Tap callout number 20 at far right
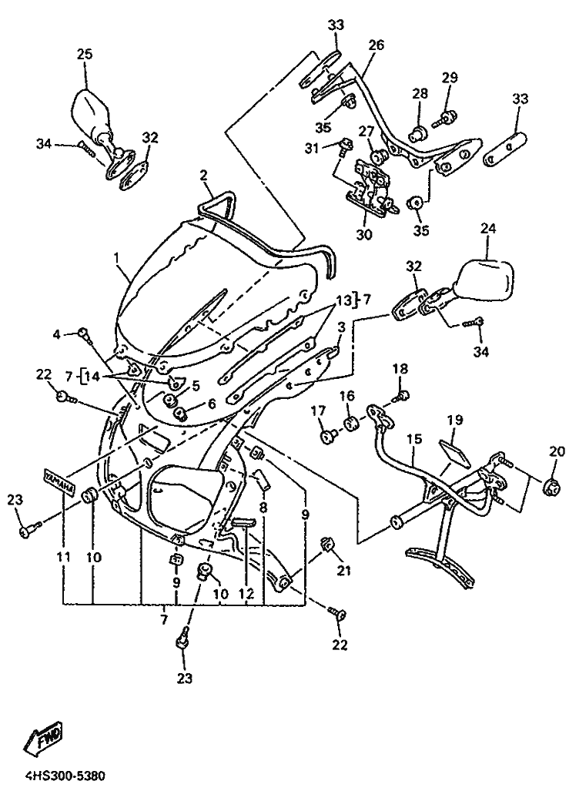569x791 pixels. coord(557,451)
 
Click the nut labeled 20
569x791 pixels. coord(551,484)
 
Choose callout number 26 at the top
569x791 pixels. coord(375,45)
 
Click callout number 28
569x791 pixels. coord(420,93)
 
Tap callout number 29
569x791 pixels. coord(450,77)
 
